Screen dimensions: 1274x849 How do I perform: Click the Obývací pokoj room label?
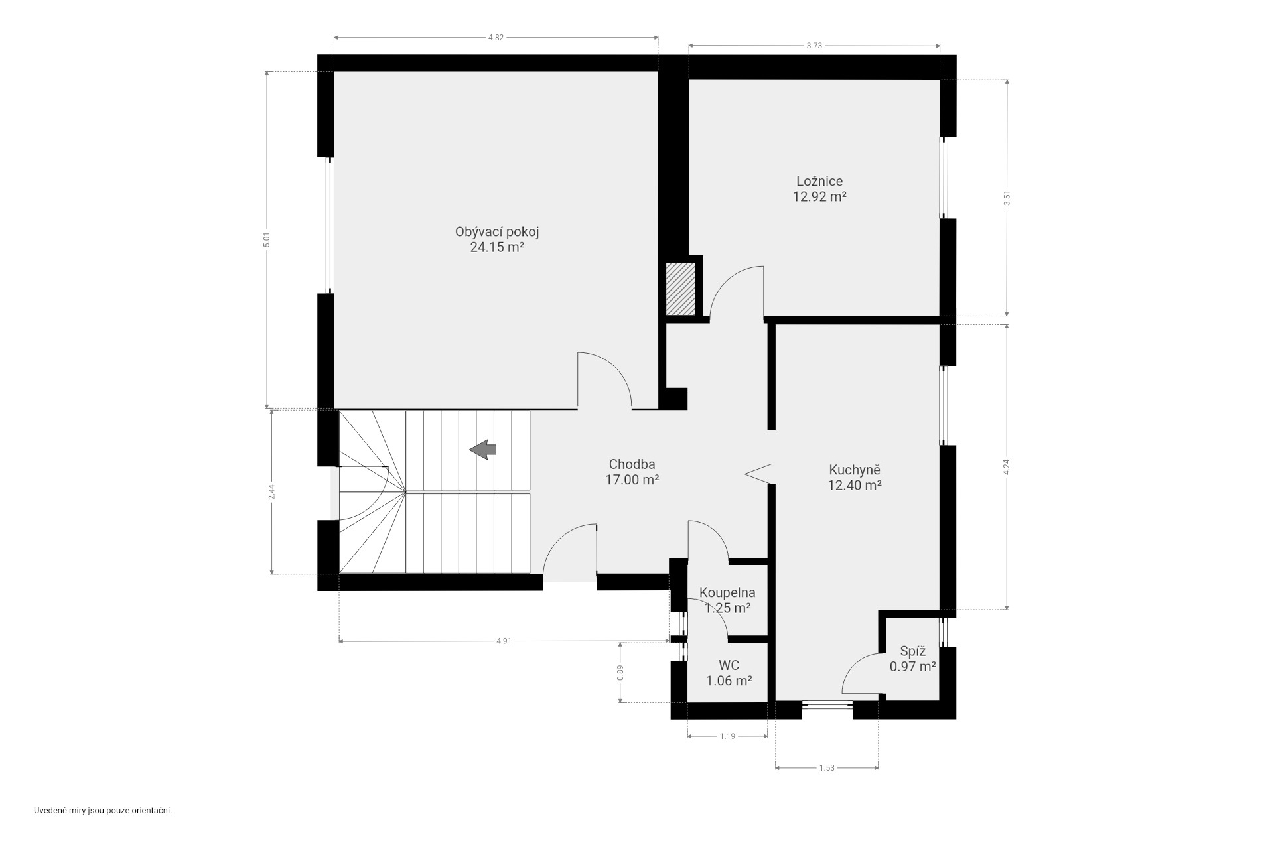pos(496,239)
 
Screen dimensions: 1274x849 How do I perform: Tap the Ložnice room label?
pos(819,188)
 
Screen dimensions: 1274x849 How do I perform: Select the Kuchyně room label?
pos(855,477)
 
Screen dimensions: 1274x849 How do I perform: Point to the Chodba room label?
pos(632,472)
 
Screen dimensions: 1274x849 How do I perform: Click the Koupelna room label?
pos(727,600)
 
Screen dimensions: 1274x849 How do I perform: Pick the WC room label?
pos(729,672)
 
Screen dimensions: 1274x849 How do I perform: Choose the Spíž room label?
pos(912,659)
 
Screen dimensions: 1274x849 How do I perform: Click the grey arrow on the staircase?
pos(483,450)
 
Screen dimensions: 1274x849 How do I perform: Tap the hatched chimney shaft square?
pos(681,289)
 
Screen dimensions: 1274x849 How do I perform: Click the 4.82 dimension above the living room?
pos(496,38)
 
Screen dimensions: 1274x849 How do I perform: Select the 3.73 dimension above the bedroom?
pos(814,46)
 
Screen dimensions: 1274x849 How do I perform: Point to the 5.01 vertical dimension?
pos(267,239)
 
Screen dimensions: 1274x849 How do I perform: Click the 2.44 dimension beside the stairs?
pos(271,491)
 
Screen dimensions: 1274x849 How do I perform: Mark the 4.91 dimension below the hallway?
pos(504,641)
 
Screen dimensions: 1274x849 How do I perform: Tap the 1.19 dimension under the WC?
pos(727,736)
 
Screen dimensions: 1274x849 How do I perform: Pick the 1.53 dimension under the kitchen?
pos(827,768)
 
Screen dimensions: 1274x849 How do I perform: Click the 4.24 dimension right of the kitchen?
pos(1007,467)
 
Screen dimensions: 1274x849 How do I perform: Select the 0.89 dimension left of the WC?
pos(620,673)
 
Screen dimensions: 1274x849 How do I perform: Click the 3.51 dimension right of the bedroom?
pos(1007,198)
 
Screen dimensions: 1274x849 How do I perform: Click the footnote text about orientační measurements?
pos(103,811)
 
